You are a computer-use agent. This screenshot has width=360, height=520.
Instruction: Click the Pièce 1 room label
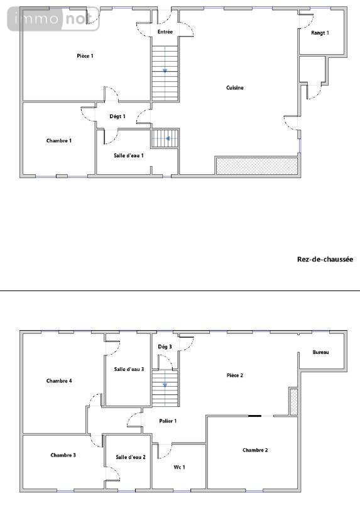click(x=85, y=56)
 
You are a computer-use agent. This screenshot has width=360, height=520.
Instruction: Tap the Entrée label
click(x=165, y=31)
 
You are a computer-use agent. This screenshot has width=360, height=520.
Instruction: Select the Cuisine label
click(x=235, y=88)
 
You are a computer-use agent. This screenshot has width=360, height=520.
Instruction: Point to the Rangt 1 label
click(x=320, y=33)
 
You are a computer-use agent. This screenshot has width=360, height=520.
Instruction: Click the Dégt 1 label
click(x=117, y=116)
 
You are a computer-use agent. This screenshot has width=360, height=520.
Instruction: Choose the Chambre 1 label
click(x=59, y=140)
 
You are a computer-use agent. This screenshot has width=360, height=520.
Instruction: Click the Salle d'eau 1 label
click(x=129, y=155)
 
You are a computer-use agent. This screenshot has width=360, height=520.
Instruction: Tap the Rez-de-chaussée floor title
click(x=325, y=259)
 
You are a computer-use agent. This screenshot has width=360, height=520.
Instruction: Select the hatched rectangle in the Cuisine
click(x=256, y=166)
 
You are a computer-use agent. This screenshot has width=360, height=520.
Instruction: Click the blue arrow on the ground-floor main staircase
click(x=165, y=70)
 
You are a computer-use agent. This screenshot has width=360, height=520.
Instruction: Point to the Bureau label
click(x=320, y=353)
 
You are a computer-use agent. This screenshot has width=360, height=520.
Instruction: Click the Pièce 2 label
click(x=235, y=375)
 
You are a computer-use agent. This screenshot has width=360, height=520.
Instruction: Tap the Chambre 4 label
click(x=59, y=380)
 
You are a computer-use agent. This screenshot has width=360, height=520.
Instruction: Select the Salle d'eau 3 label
click(x=129, y=370)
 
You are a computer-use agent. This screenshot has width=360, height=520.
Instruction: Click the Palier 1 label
click(x=167, y=421)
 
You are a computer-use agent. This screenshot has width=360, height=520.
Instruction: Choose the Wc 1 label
click(x=179, y=467)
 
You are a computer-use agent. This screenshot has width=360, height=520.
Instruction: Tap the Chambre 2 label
click(x=255, y=450)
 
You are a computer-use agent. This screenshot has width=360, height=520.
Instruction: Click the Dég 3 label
click(x=165, y=346)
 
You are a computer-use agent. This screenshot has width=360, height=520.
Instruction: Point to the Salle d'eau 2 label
click(x=130, y=457)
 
